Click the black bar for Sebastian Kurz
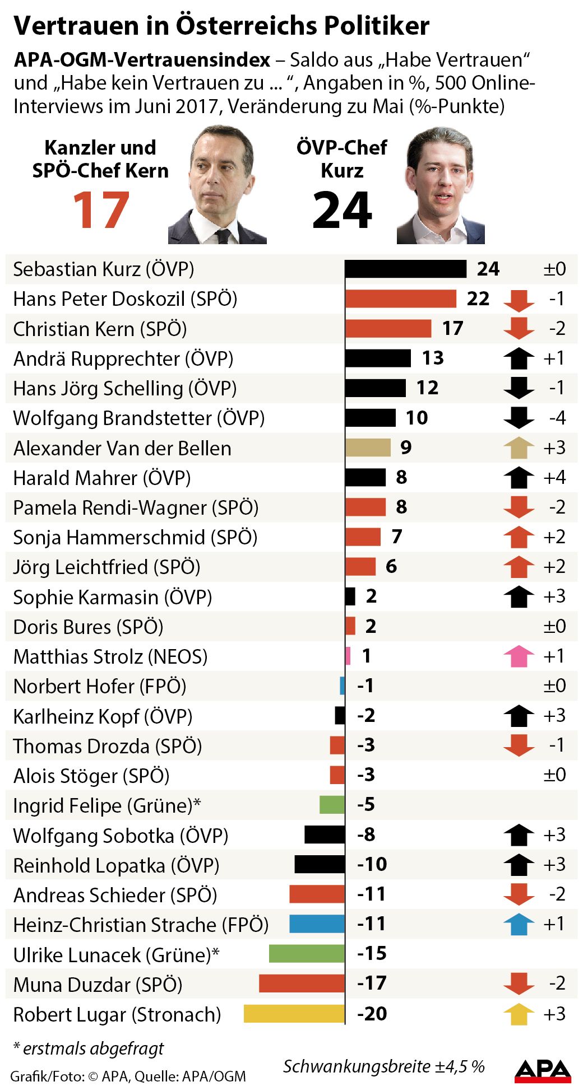coord(405,269)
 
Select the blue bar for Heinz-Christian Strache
coord(317,924)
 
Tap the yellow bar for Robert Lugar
coord(294,1014)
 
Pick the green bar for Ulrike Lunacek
coord(307,953)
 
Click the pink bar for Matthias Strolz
coord(348,656)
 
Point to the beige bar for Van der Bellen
coord(368,447)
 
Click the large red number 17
coord(101,211)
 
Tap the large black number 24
coord(342,211)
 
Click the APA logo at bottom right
coord(543,1070)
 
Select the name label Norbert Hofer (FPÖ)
coord(99,686)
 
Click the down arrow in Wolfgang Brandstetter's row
coord(519,418)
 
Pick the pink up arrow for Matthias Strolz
coord(519,656)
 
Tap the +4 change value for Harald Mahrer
coord(554,478)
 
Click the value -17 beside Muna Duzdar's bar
coord(372,983)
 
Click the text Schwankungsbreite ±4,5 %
coord(383,1066)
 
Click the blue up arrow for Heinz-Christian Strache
coord(519,924)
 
